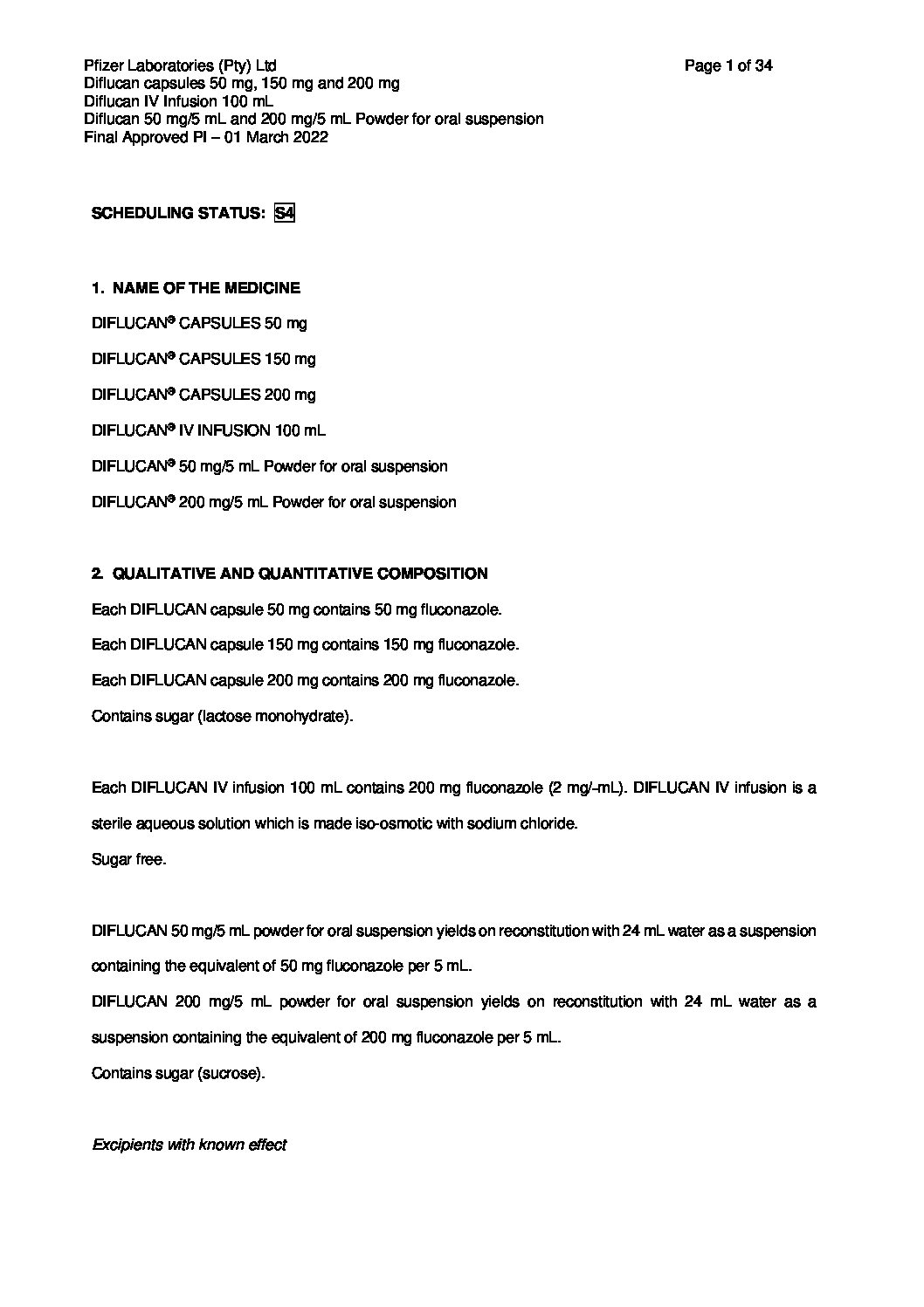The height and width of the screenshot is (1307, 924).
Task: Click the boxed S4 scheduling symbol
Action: (x=284, y=213)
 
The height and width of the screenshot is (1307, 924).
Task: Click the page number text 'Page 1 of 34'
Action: (x=728, y=65)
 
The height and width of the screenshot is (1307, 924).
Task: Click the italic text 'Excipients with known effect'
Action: (x=190, y=1145)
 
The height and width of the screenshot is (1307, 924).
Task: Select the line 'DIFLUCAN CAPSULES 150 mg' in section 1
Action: (x=203, y=359)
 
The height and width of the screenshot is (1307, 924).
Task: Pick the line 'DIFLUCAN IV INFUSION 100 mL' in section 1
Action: (x=209, y=430)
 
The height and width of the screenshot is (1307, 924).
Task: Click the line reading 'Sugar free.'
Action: (x=128, y=859)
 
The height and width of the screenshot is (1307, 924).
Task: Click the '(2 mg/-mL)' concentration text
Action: (x=586, y=788)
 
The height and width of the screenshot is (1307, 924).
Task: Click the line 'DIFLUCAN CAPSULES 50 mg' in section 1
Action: (x=199, y=323)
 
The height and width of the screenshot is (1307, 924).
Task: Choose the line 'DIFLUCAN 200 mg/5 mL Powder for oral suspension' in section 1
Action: (x=273, y=502)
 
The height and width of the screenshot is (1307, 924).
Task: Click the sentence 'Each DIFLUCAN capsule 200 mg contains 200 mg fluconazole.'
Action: (x=305, y=680)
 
